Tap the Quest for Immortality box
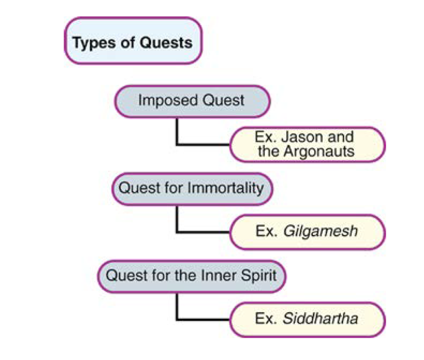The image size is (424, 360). pyautogui.click(x=192, y=189)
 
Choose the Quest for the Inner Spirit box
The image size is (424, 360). pyautogui.click(x=192, y=276)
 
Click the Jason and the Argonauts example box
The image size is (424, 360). pyautogui.click(x=307, y=144)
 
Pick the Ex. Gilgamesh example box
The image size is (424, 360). pyautogui.click(x=307, y=232)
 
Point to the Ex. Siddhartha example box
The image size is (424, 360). pyautogui.click(x=307, y=319)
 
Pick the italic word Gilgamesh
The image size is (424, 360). pyautogui.click(x=321, y=232)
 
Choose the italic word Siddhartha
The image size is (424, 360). pyautogui.click(x=321, y=319)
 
